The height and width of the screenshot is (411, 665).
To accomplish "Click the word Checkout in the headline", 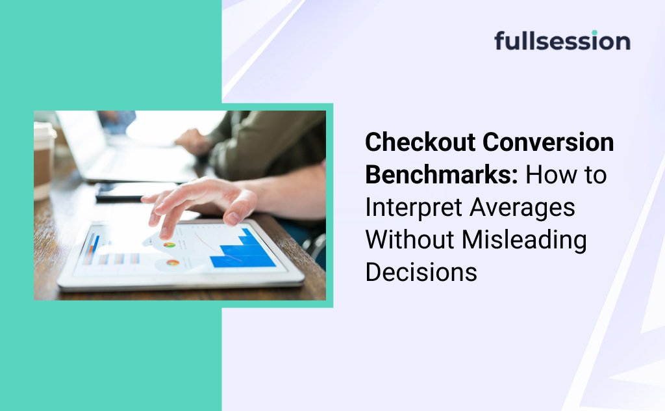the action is click(x=420, y=142).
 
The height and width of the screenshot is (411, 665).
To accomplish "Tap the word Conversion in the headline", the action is click(x=548, y=142).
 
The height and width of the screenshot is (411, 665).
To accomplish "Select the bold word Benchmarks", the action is click(x=442, y=174).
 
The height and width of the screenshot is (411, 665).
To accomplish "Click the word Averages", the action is click(x=523, y=207).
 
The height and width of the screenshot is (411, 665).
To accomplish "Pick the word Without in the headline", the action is click(x=410, y=239).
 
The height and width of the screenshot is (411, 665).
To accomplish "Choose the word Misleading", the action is click(x=524, y=241).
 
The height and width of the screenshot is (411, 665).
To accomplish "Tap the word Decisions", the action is click(x=421, y=272).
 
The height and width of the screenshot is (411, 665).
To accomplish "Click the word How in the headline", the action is click(x=546, y=174).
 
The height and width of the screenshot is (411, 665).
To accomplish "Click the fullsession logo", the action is click(x=562, y=40).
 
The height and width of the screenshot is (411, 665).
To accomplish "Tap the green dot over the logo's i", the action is click(x=594, y=33).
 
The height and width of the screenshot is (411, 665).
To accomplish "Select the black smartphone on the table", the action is click(x=136, y=191).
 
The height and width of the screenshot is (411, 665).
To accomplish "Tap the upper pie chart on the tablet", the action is click(x=169, y=245).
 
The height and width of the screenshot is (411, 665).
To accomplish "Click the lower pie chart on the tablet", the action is click(x=173, y=263).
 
